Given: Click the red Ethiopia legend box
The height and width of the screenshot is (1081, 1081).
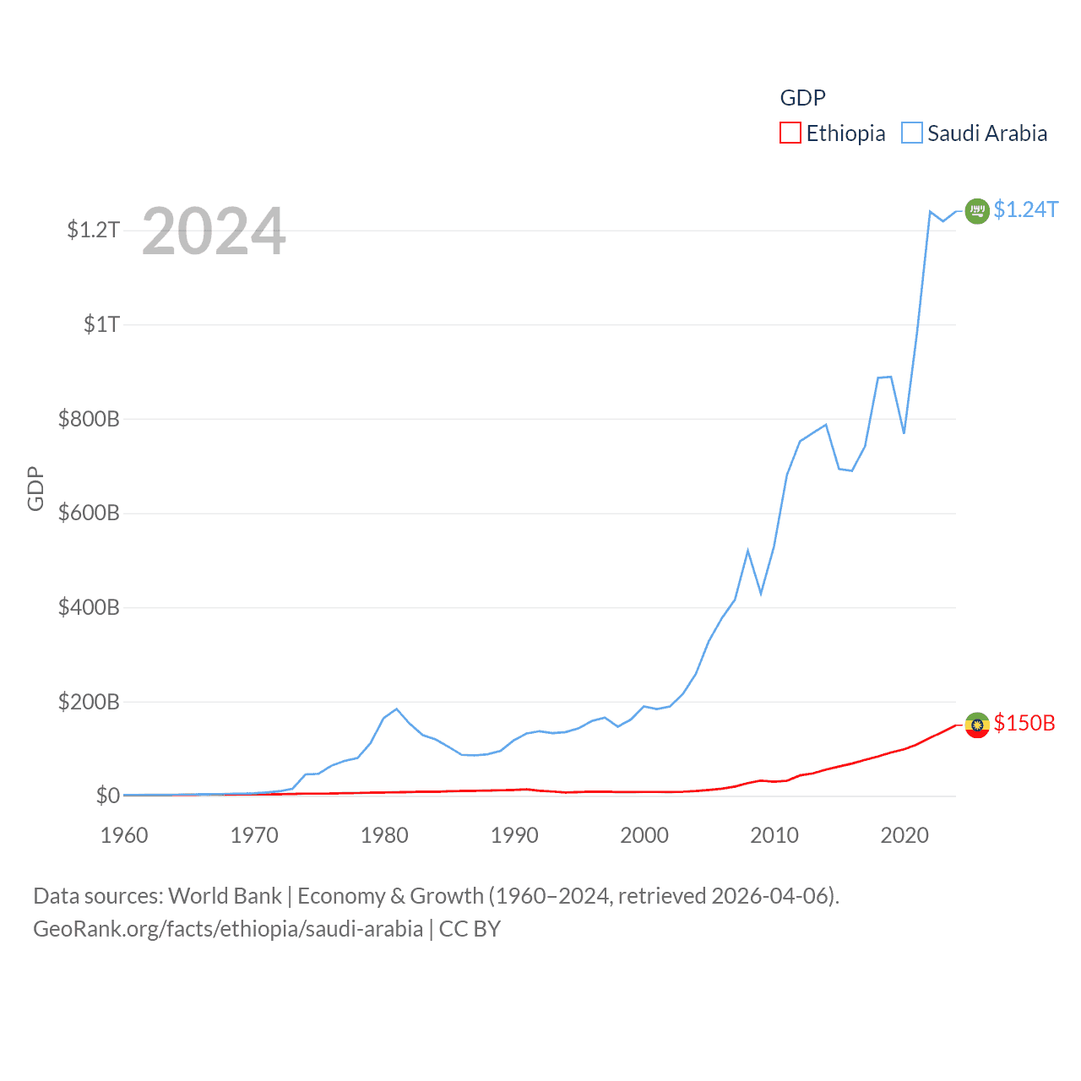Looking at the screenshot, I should [x=790, y=133].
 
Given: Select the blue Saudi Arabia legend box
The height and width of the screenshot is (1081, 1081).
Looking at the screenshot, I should [x=912, y=133].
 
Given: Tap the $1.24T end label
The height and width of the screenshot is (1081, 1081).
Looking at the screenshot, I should [x=1025, y=209].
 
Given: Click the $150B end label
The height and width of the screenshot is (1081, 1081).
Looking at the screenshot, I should [x=1024, y=723].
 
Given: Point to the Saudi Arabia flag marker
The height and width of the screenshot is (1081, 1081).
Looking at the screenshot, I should [x=977, y=210].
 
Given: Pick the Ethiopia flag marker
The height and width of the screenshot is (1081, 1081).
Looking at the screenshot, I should [x=977, y=725].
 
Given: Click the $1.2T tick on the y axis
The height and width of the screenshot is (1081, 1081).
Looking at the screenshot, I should [x=93, y=230].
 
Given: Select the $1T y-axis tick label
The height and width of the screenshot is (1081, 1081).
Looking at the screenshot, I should [x=101, y=324].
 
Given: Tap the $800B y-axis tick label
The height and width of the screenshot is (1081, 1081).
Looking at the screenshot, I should [x=89, y=419].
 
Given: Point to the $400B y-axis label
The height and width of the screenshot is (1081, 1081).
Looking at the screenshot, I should [x=89, y=607].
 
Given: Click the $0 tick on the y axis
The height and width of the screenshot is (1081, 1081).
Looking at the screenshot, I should [x=107, y=796].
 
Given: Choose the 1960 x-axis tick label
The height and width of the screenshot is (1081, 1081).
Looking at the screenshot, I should [x=124, y=835].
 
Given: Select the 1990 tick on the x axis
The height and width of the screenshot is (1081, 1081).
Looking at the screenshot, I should [x=514, y=835].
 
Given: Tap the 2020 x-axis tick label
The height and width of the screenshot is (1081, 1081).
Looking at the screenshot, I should [x=904, y=835].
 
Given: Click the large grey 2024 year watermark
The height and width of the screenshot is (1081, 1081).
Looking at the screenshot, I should [x=214, y=231].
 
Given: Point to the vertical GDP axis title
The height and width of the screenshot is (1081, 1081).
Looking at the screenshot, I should [x=35, y=488].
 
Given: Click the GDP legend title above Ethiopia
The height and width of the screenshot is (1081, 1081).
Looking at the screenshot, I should [x=802, y=98].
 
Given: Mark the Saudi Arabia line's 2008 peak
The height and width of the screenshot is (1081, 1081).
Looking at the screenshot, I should [x=747, y=551].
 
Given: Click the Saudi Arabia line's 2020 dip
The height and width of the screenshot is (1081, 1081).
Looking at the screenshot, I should [x=904, y=433].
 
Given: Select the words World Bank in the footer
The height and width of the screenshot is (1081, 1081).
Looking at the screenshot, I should [x=225, y=895].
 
